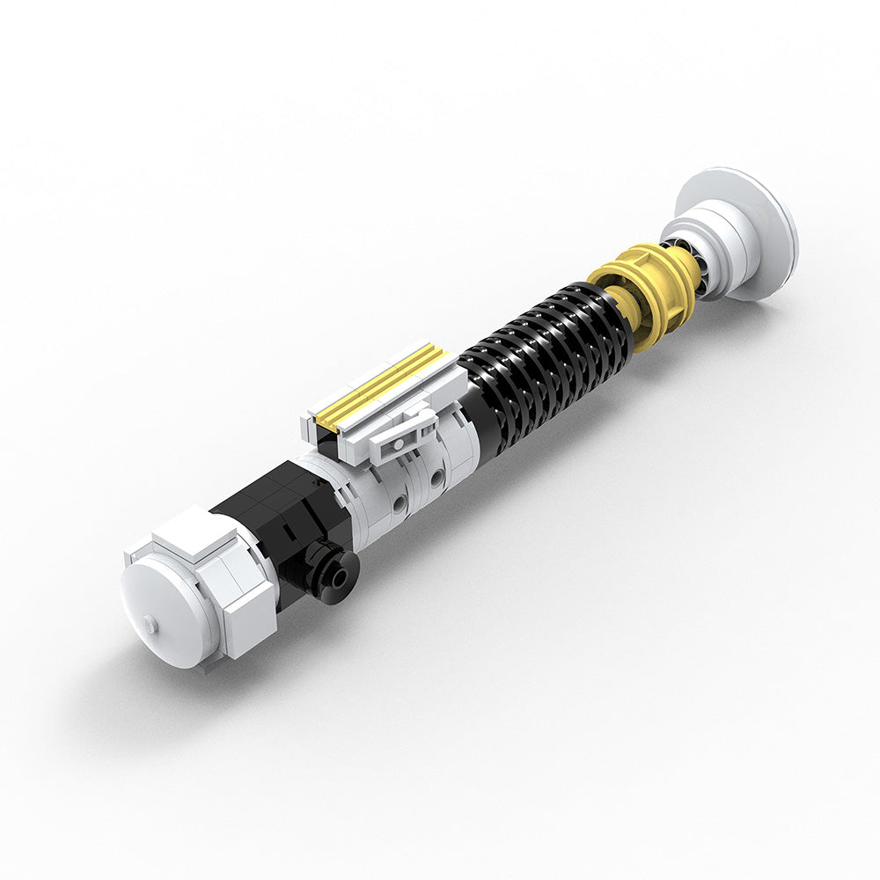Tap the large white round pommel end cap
coord(167,607)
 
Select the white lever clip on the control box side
coord(400,432)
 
